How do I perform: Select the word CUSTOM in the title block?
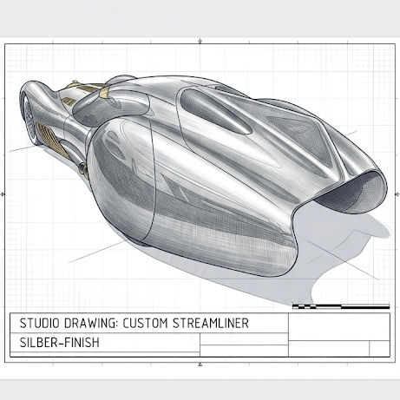pos(145,323)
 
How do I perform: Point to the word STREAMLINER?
pos(211,323)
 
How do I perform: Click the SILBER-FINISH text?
pos(59,343)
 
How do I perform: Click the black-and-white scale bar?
pos(341,306)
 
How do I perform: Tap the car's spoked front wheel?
pos(28,119)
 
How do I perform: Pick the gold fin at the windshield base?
pos(104,92)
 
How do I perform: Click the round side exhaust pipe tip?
pos(83,168)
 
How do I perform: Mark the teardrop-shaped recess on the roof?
pos(214,111)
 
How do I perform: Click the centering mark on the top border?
pos(200,42)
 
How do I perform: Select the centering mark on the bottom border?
pos(200,364)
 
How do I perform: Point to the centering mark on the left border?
pos(3,193)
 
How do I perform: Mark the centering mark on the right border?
pos(397,194)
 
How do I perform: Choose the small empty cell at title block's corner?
pos(379,349)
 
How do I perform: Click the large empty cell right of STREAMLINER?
pos(339,327)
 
